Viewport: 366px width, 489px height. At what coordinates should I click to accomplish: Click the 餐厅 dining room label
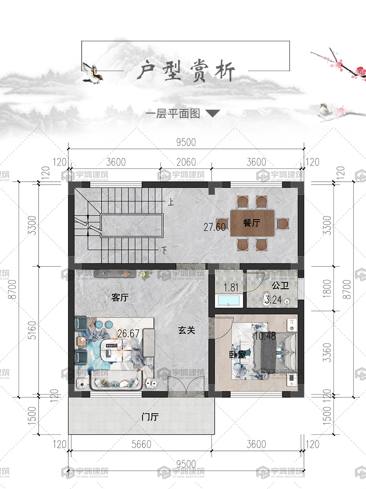[x=252, y=222]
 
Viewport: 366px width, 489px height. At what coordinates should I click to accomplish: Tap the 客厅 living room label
[x=120, y=298]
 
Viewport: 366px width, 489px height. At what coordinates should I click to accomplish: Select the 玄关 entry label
[x=187, y=330]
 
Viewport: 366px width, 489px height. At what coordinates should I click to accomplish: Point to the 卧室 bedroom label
[x=237, y=354]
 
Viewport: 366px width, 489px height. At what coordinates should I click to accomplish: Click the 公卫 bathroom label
[x=280, y=286]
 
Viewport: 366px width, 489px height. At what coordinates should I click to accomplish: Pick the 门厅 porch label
[x=150, y=417]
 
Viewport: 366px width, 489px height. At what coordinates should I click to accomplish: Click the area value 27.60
[x=214, y=227]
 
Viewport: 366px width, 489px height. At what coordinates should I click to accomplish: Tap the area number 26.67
[x=128, y=333]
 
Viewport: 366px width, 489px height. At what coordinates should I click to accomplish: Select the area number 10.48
[x=265, y=336]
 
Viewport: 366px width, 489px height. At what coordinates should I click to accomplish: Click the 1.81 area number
[x=231, y=288]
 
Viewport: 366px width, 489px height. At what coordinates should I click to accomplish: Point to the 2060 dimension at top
[x=186, y=162]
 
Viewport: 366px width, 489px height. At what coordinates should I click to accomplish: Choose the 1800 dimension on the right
[x=327, y=288]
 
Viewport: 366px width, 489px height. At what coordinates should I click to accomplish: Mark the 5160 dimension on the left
[x=32, y=331]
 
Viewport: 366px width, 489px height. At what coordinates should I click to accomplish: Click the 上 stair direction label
[x=171, y=202]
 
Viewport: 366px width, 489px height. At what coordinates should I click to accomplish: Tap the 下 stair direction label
[x=164, y=251]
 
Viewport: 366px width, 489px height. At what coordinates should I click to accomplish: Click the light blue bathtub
[x=229, y=300]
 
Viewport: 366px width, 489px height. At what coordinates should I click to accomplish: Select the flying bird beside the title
[x=92, y=73]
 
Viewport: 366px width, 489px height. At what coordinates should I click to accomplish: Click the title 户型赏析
[x=185, y=70]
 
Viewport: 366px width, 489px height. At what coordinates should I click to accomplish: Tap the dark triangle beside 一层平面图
[x=213, y=113]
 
